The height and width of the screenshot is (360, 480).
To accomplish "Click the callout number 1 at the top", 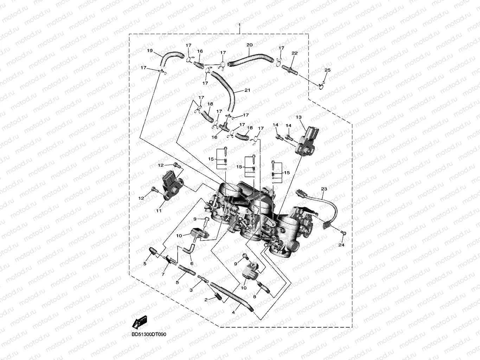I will pyautogui.click(x=239, y=25).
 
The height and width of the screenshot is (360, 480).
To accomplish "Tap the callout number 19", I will pyautogui.click(x=150, y=51).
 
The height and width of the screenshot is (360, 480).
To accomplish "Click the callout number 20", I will pyautogui.click(x=250, y=45).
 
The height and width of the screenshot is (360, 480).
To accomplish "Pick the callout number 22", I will pyautogui.click(x=294, y=53).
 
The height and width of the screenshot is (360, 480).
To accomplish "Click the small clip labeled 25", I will pyautogui.click(x=322, y=85).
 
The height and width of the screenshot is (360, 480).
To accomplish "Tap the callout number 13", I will pyautogui.click(x=299, y=117).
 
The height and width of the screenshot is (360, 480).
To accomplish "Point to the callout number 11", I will pyautogui.click(x=159, y=211).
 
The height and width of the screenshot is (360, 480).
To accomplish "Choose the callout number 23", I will pyautogui.click(x=324, y=189).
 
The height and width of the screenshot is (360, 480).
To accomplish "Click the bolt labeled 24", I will pyautogui.click(x=344, y=233).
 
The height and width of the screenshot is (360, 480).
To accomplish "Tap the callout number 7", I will pyautogui.click(x=163, y=274).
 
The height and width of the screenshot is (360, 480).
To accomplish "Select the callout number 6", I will pyautogui.click(x=192, y=263).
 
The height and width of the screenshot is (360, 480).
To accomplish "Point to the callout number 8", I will pyautogui.click(x=254, y=296).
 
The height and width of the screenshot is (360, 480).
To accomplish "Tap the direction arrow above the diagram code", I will pyautogui.click(x=140, y=322).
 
